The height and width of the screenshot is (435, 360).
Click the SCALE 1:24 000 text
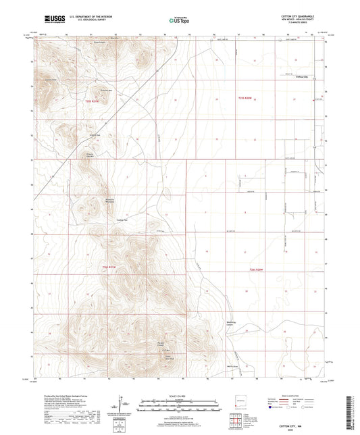pyautogui.click(x=180, y=396)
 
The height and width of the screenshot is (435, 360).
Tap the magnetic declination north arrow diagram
pyautogui.click(x=122, y=406)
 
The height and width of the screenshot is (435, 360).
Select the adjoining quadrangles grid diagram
pyautogui.click(x=236, y=421)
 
